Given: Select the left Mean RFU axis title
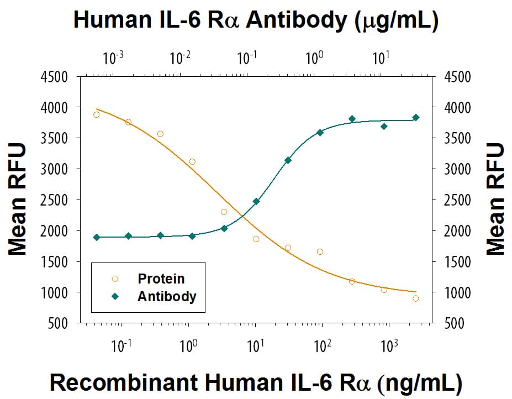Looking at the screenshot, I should pos(18,200).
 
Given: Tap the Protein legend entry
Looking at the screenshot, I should pos(161,279).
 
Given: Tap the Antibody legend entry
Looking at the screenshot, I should pos(166,296).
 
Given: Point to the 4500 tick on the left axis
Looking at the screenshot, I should pos(55,77).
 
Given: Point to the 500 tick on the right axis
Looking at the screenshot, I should pos(458,323).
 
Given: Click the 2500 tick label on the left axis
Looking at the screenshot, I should pos(55,200).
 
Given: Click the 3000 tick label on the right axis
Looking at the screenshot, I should pos(458,169).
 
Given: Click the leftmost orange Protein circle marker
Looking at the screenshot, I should pos(97,114).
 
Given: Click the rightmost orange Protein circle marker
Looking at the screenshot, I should pos(416,298).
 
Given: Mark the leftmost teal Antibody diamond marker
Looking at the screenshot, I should pos(97,237).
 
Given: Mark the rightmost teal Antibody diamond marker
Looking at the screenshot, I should pos(416,117).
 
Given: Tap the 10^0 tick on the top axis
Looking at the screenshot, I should pos(314,57).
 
